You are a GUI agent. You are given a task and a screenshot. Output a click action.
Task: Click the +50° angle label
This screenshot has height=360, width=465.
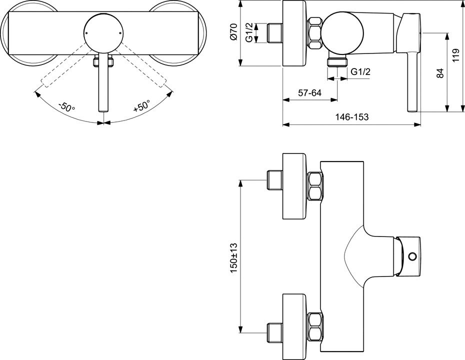142,106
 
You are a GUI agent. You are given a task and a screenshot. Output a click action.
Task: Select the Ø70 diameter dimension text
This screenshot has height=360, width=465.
233,32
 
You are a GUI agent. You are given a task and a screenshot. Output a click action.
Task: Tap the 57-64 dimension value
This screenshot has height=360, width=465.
309,93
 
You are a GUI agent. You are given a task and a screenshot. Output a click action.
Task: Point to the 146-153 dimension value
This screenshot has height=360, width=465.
352,117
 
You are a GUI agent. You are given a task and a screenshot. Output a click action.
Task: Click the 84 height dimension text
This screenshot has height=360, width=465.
440,73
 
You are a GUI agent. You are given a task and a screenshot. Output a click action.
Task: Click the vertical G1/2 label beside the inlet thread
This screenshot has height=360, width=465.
249,32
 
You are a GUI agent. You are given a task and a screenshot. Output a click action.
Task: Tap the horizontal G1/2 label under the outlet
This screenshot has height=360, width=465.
360,72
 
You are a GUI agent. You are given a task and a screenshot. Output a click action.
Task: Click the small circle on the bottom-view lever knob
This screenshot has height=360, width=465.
412,256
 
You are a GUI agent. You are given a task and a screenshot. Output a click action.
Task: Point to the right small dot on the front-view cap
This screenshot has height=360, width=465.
120,33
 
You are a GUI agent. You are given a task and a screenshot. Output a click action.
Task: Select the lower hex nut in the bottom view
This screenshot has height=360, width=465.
315,326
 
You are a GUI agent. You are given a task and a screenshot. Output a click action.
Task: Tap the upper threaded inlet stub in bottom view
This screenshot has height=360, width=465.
274,180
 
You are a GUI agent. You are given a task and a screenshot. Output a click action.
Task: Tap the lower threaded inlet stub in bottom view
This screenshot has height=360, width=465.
274,332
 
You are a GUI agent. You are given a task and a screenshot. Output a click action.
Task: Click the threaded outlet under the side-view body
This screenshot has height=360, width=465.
337,61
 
